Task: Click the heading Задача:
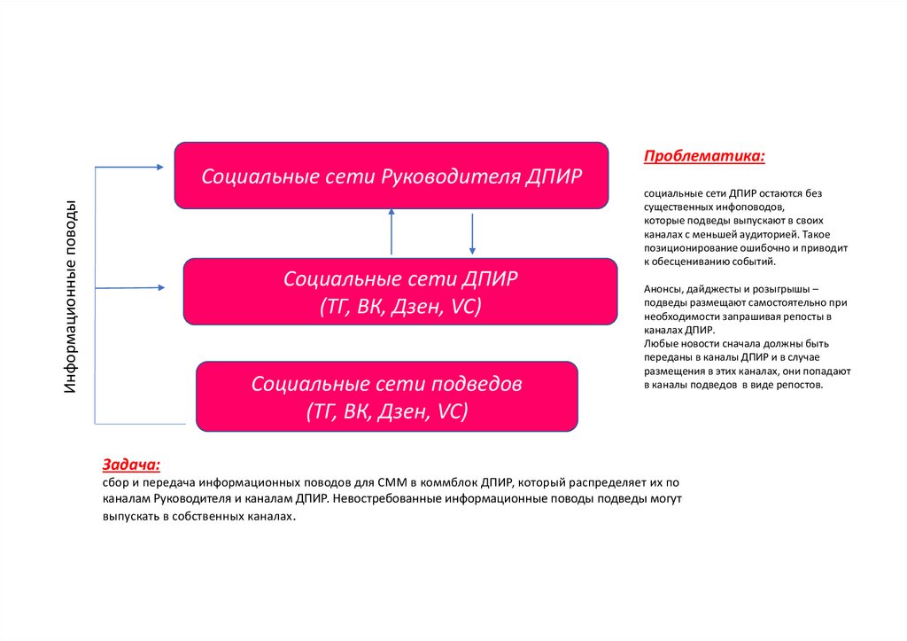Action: (131, 464)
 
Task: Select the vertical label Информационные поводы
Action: (77, 298)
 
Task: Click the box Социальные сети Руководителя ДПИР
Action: (391, 175)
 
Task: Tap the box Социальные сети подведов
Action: (386, 396)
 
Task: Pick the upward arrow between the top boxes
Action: (391, 231)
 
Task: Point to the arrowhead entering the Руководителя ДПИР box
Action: (159, 167)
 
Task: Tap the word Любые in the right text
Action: (661, 342)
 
